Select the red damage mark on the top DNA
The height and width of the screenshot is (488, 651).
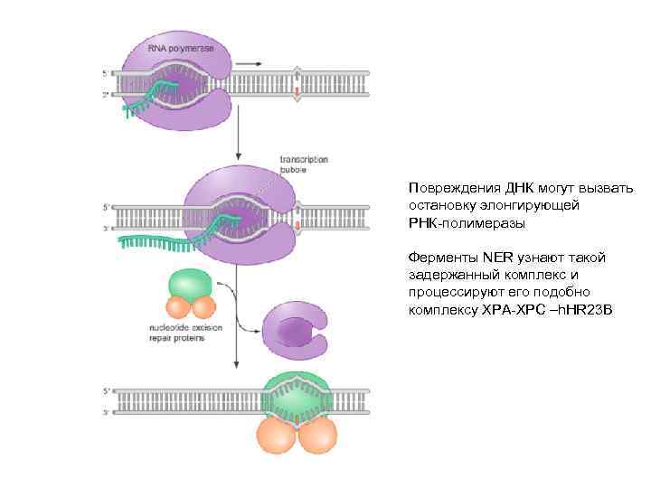(297, 91)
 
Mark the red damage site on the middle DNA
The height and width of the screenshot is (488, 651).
(297, 221)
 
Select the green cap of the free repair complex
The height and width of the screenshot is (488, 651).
(190, 284)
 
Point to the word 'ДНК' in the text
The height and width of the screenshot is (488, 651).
(516, 189)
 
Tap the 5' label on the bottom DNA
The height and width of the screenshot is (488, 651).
(106, 392)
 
